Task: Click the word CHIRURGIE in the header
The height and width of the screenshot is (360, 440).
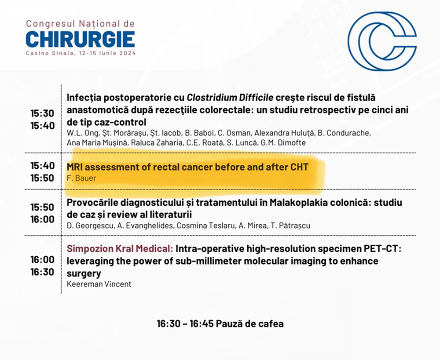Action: [80, 39]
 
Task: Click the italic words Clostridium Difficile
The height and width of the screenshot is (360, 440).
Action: [230, 98]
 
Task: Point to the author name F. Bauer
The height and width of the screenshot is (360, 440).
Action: [81, 178]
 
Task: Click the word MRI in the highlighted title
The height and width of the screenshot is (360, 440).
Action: [75, 167]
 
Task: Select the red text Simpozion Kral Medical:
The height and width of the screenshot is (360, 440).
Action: [120, 249]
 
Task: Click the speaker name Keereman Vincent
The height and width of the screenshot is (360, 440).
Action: [99, 284]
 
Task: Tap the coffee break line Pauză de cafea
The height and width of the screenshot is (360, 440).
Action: [249, 324]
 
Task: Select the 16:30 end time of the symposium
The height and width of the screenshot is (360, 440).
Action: [42, 272]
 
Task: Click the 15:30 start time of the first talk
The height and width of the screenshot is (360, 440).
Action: [42, 113]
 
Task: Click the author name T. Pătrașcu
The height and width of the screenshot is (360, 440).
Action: [291, 225]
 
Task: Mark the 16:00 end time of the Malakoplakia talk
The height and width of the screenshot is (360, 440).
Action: [42, 219]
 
